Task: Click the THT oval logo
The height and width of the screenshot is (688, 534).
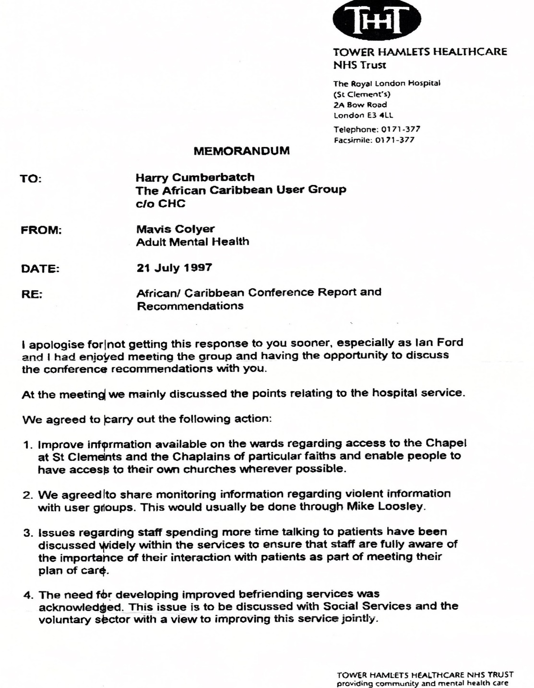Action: coord(376,20)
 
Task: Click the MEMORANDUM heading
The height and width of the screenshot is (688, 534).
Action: coord(241,151)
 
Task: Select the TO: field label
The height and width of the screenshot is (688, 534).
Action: coord(31,179)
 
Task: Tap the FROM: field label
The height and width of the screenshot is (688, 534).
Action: coord(41,230)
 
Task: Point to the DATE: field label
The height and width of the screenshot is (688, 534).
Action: coord(40,269)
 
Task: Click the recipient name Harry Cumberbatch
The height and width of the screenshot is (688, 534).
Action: coord(195,177)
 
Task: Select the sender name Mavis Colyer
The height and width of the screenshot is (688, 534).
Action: coord(175,229)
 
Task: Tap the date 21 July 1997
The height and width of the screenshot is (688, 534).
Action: coord(174,268)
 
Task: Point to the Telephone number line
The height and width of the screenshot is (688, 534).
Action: coord(377,129)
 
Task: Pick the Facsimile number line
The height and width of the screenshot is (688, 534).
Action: coord(374,140)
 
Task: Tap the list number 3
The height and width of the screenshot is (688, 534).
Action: coord(27,533)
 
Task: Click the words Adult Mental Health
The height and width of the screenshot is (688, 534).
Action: coord(192,242)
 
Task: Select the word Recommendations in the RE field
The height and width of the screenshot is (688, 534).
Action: coord(190,306)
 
